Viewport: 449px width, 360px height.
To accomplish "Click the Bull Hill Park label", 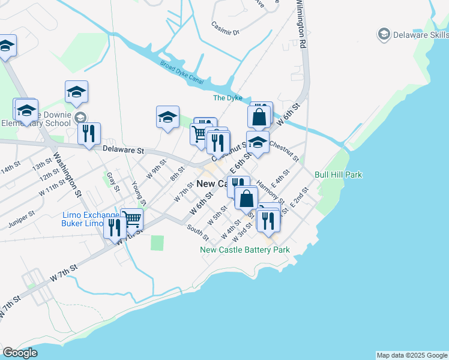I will point(338,175).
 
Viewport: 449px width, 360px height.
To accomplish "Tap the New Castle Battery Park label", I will point(245,250).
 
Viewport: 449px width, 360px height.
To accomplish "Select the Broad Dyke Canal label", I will point(182,73).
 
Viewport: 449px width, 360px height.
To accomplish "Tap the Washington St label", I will point(66,175).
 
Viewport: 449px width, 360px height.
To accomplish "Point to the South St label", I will point(197,231).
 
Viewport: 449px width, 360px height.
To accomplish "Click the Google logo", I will point(20,352).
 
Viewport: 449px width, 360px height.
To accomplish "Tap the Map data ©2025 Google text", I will point(411,355).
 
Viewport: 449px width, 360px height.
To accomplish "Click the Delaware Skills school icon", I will point(384,34).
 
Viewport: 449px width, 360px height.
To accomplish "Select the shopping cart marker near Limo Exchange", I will point(132,218).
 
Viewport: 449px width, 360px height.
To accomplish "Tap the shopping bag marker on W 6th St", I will point(246,197).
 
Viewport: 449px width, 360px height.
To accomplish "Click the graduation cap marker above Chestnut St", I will point(258,142).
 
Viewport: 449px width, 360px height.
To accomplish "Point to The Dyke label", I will point(228,98).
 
